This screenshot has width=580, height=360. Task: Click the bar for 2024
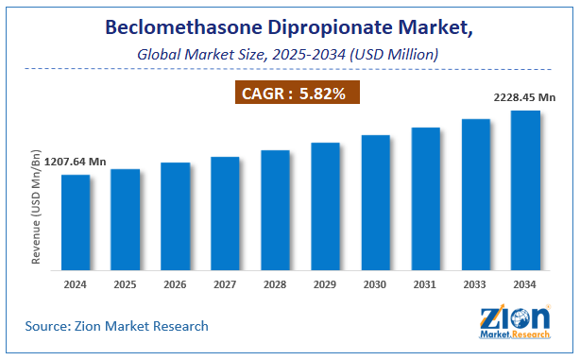click(76, 223)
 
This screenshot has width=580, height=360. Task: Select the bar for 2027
click(225, 214)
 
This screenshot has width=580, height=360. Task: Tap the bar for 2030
click(375, 203)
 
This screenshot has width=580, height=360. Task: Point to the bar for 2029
click(325, 207)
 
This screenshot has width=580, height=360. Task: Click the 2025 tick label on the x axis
click(126, 283)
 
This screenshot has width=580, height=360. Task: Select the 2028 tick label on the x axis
click(275, 283)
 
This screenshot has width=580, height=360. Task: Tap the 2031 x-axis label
click(425, 283)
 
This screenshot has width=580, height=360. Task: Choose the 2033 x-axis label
click(475, 283)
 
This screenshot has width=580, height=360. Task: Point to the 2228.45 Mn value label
click(524, 96)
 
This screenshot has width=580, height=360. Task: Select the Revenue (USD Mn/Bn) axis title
click(36, 207)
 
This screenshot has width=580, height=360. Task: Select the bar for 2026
click(176, 216)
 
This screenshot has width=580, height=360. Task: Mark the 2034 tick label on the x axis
click(525, 283)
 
